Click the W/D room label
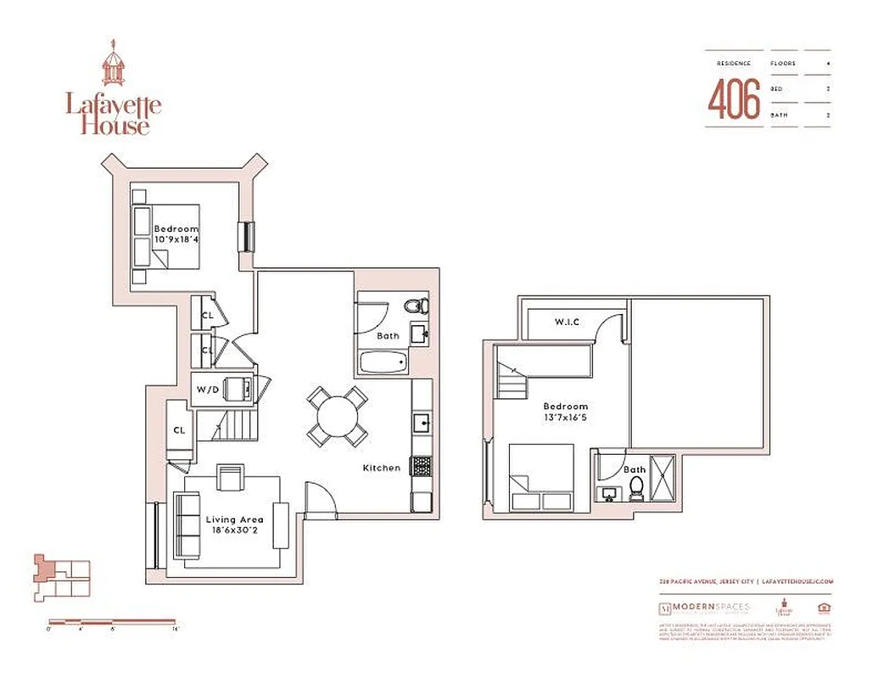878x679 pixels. (x=207, y=390)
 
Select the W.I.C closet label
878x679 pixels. (x=567, y=322)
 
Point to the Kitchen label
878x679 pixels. (x=381, y=468)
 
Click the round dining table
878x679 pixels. (x=338, y=417)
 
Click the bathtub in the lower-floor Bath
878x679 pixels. (x=383, y=363)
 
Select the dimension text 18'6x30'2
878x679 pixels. (x=234, y=532)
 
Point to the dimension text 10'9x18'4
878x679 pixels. (x=176, y=240)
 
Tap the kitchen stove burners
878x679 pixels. (x=421, y=465)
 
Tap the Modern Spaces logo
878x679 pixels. (x=703, y=608)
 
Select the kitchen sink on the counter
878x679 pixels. (x=420, y=422)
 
